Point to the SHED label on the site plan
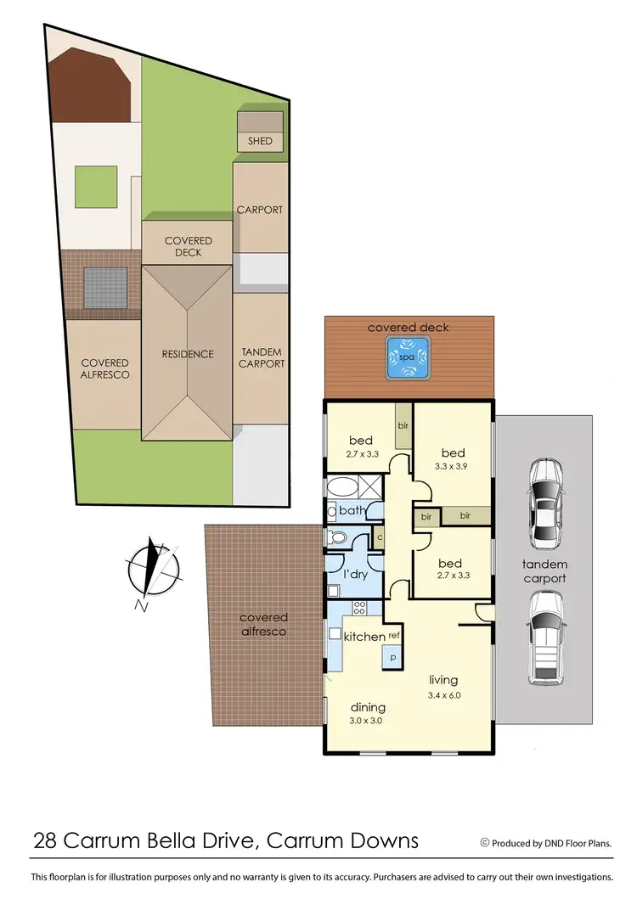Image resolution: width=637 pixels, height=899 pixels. click(x=261, y=141)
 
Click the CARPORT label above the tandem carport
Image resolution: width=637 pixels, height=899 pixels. click(x=260, y=210)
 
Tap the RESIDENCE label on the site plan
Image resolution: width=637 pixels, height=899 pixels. click(x=188, y=354)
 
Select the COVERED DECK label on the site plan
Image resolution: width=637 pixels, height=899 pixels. click(x=188, y=246)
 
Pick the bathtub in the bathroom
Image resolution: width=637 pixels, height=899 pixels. click(x=344, y=488)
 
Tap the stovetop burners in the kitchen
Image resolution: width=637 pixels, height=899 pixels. click(x=358, y=608)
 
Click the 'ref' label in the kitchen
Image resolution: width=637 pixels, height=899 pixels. click(x=394, y=635)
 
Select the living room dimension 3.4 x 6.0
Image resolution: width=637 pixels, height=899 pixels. click(x=443, y=696)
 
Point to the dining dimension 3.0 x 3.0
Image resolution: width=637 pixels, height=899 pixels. click(x=368, y=722)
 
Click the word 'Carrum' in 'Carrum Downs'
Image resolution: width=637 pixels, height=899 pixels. click(x=302, y=841)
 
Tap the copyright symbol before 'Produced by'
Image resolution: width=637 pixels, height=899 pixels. click(x=485, y=843)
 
